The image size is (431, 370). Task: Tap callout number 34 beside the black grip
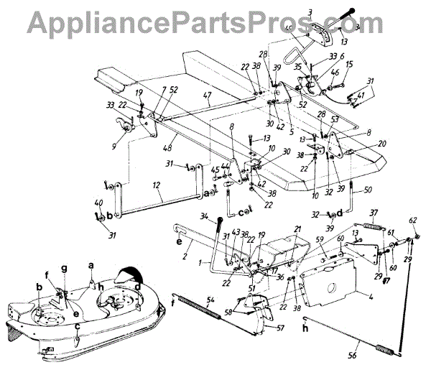tap(203, 218)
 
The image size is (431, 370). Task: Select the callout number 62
tap(413, 220)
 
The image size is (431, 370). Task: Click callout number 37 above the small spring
tap(372, 213)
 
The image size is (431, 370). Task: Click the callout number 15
tap(349, 65)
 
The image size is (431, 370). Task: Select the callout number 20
tap(382, 142)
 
